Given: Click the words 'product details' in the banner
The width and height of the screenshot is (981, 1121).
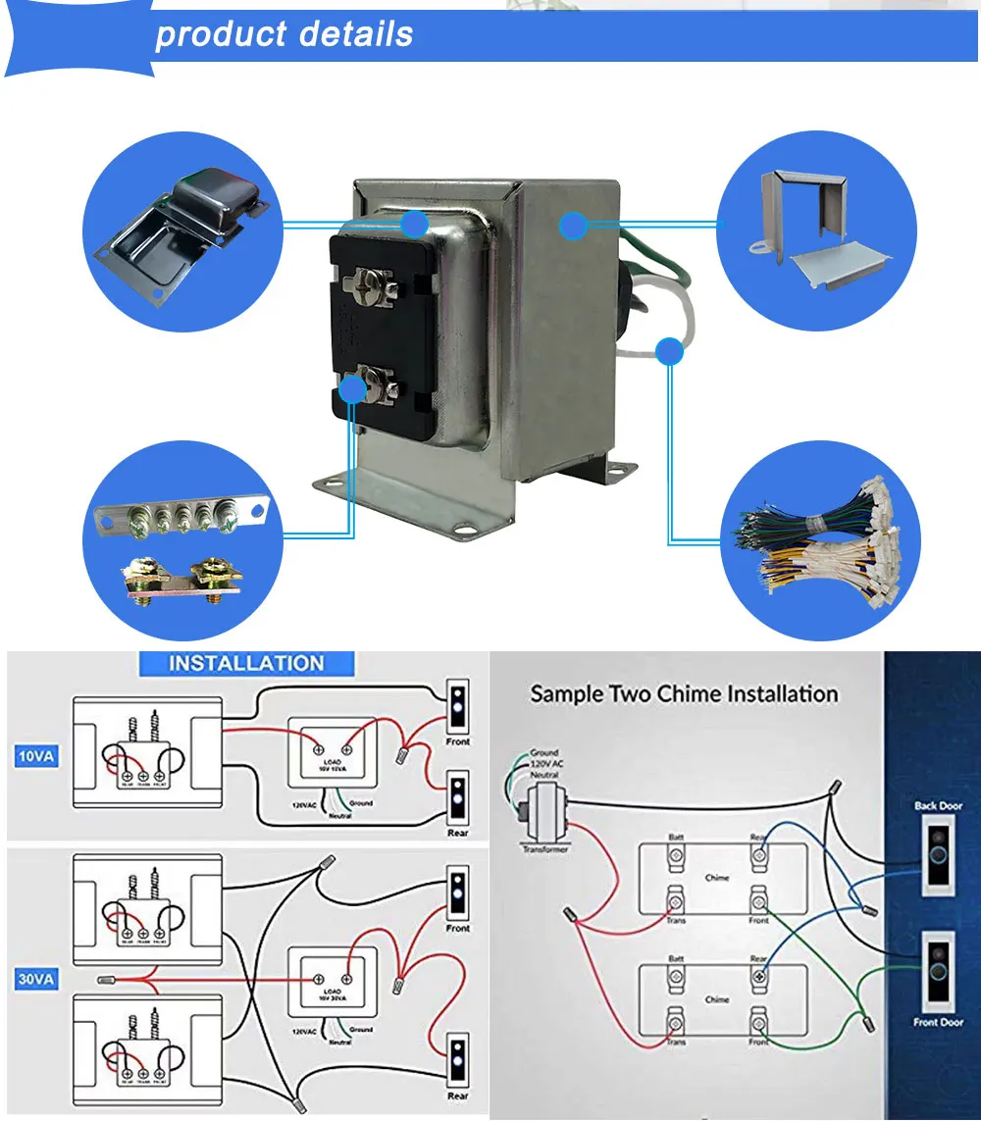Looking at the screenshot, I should coord(284,34).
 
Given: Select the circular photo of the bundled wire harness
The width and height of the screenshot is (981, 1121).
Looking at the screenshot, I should coord(821,539).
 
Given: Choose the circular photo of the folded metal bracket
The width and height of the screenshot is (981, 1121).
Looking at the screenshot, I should coord(817,229).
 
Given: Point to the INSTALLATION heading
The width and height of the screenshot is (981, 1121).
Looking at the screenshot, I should coord(246,663).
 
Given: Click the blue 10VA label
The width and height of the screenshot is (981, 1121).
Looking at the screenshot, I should coord(35,757).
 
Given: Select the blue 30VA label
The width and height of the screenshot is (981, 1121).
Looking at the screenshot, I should coord(35,979).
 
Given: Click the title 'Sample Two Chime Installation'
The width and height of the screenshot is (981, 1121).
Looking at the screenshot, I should coord(684,694).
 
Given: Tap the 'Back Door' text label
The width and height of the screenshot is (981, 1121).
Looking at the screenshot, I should coord(938,806).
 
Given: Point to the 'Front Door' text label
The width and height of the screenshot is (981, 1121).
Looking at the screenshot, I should coord(938,1022).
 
